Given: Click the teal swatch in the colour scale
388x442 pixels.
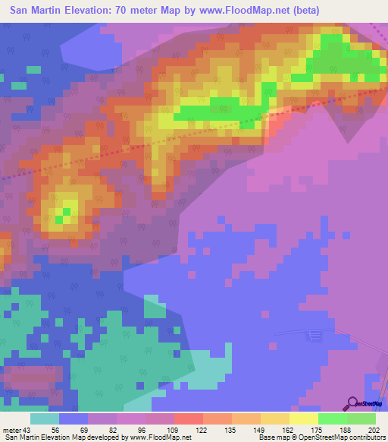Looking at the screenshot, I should click(x=45, y=419).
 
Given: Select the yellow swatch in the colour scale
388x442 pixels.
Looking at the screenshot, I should click(x=304, y=419).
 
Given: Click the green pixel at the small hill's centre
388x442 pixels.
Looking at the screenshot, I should click(x=67, y=212).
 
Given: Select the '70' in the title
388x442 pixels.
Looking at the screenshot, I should click(x=110, y=11).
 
